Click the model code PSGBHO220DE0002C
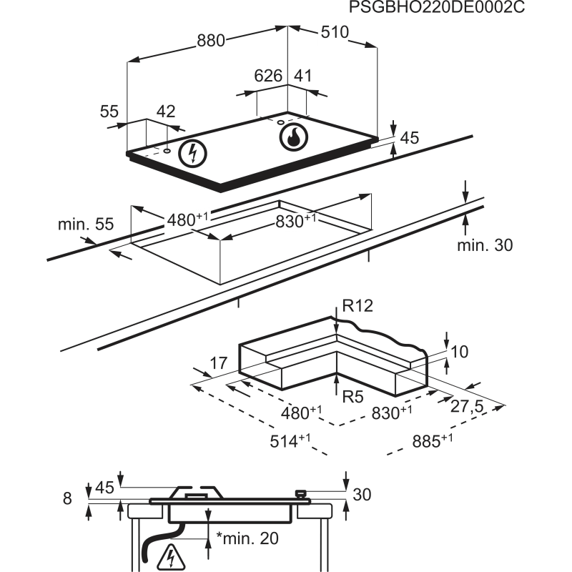pyautogui.click(x=437, y=7)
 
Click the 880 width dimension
pyautogui.click(x=211, y=40)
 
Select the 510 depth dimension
pyautogui.click(x=335, y=32)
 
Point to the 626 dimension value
pyautogui.click(x=268, y=76)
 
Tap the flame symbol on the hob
pyautogui.click(x=293, y=137)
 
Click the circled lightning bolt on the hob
pyautogui.click(x=192, y=154)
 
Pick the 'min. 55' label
pyautogui.click(x=86, y=224)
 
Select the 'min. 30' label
pyautogui.click(x=485, y=245)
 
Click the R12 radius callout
pyautogui.click(x=358, y=306)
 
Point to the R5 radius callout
pyautogui.click(x=353, y=396)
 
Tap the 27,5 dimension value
pyautogui.click(x=467, y=406)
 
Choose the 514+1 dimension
pyautogui.click(x=290, y=440)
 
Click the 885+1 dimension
pyautogui.click(x=433, y=440)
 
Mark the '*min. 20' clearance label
pyautogui.click(x=247, y=538)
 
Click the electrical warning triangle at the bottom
pyautogui.click(x=171, y=558)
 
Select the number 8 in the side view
pyautogui.click(x=67, y=498)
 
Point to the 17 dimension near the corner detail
pyautogui.click(x=219, y=363)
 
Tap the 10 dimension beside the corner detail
pyautogui.click(x=460, y=352)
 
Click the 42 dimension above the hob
pyautogui.click(x=166, y=112)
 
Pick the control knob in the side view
pyautogui.click(x=301, y=494)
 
